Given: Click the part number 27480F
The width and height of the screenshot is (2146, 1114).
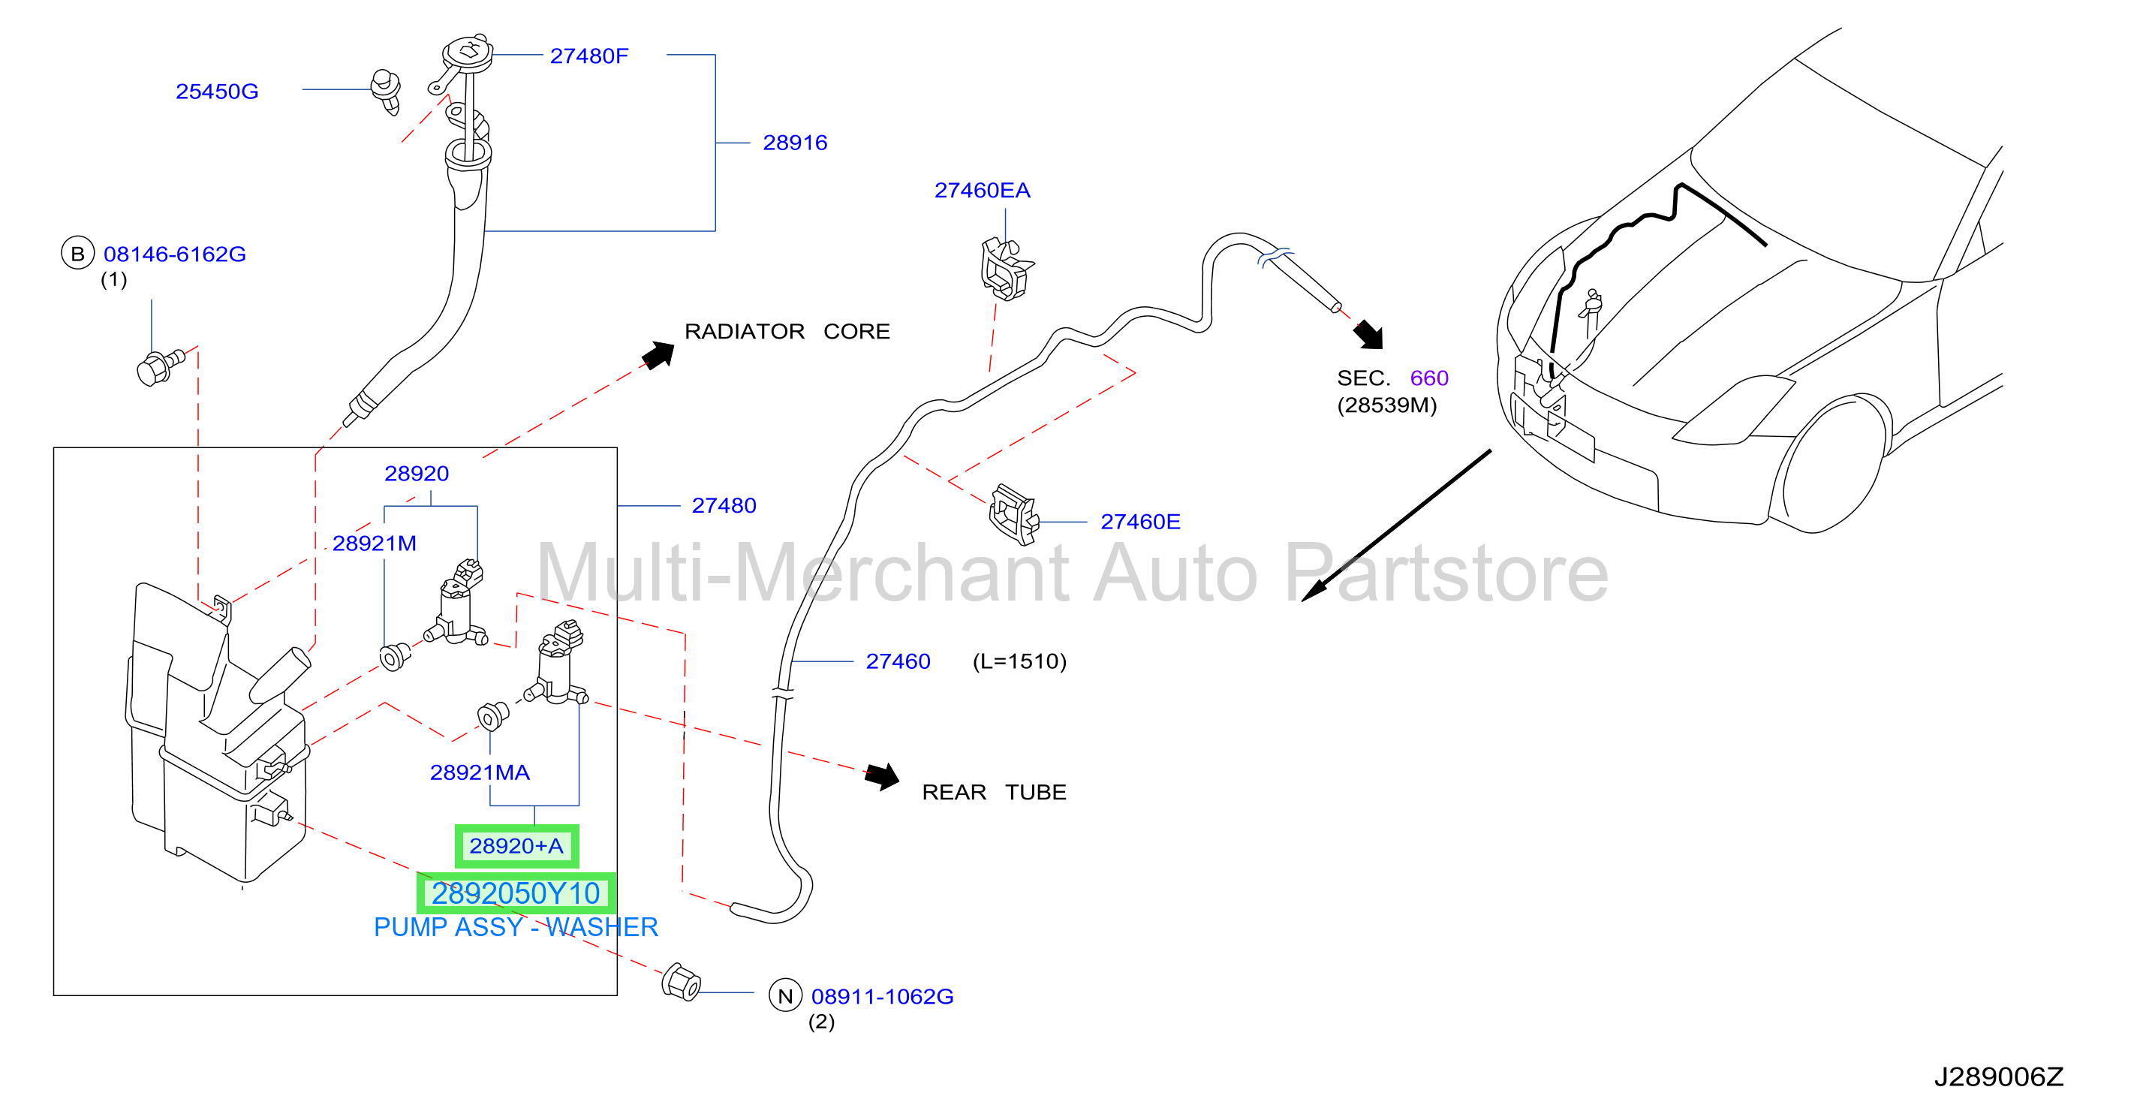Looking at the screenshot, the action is tap(589, 56).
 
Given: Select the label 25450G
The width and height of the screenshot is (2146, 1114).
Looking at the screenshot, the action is tap(217, 91).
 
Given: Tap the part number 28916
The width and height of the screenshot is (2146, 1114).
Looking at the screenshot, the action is tap(795, 143).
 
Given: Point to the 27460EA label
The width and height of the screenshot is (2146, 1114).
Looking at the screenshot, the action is tap(983, 190).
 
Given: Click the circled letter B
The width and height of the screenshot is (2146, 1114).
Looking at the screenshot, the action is tap(77, 253).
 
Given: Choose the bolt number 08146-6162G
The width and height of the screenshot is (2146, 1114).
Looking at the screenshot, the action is tap(174, 254).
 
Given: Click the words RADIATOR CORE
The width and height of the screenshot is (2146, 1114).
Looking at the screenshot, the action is tap(787, 332).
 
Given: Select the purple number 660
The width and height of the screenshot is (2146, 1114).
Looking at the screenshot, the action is tap(1430, 378).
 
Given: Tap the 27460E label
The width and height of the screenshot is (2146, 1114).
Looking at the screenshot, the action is tap(1140, 522).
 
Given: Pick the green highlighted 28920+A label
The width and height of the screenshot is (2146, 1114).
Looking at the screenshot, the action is tap(516, 846).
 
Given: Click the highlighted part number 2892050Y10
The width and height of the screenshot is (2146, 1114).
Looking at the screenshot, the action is tap(516, 893).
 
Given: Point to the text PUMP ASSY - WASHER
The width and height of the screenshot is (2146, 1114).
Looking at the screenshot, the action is tap(516, 926).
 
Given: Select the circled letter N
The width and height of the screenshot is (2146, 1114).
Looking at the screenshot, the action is tap(784, 995).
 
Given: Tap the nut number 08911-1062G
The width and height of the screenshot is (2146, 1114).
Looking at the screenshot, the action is tap(882, 996).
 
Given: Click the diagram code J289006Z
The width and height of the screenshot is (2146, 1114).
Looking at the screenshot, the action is tap(1999, 1076).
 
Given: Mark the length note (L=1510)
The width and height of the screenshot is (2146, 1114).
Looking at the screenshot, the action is tap(1019, 661).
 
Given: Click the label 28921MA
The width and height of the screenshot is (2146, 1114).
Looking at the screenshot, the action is tap(480, 772).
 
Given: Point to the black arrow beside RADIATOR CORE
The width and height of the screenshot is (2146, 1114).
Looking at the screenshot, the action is tap(658, 355).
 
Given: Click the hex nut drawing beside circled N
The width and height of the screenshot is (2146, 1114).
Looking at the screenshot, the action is tap(681, 983).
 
